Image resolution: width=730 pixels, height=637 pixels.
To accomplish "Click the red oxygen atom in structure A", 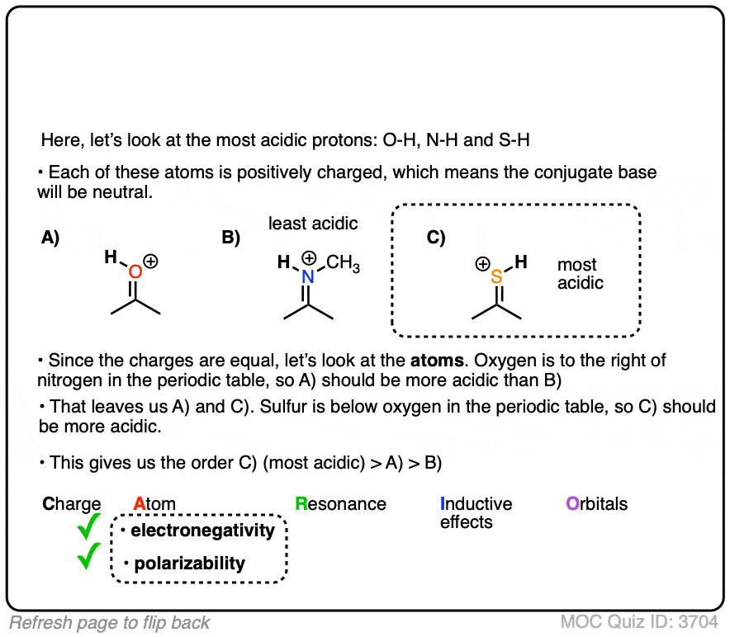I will (x=135, y=271).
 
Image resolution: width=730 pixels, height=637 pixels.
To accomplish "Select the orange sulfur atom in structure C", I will (x=496, y=277).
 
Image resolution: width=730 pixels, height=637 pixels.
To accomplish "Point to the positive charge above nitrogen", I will (x=309, y=257).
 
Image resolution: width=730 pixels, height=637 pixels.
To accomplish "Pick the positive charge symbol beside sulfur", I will (x=481, y=265).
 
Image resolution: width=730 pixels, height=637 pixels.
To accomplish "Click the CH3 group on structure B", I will (x=343, y=265).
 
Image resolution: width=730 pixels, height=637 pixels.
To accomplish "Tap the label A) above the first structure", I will (x=50, y=238).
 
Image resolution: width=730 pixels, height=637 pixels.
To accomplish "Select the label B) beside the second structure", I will (x=230, y=238).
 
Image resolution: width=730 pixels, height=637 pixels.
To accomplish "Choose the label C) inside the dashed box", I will (x=436, y=238).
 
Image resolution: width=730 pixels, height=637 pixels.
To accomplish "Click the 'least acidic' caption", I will (x=313, y=223).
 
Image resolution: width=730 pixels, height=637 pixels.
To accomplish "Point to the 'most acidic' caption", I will (x=580, y=274).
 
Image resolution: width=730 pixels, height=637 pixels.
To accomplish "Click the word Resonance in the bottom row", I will (x=340, y=503).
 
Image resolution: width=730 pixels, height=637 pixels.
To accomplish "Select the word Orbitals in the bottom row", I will (x=596, y=503).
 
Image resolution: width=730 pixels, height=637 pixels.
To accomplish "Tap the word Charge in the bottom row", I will (x=71, y=503).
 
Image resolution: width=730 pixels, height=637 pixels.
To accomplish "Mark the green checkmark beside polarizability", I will (x=88, y=559).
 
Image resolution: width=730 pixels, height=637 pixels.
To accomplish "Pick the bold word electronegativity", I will (x=202, y=531).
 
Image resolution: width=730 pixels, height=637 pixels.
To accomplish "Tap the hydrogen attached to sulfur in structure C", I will (x=521, y=262).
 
